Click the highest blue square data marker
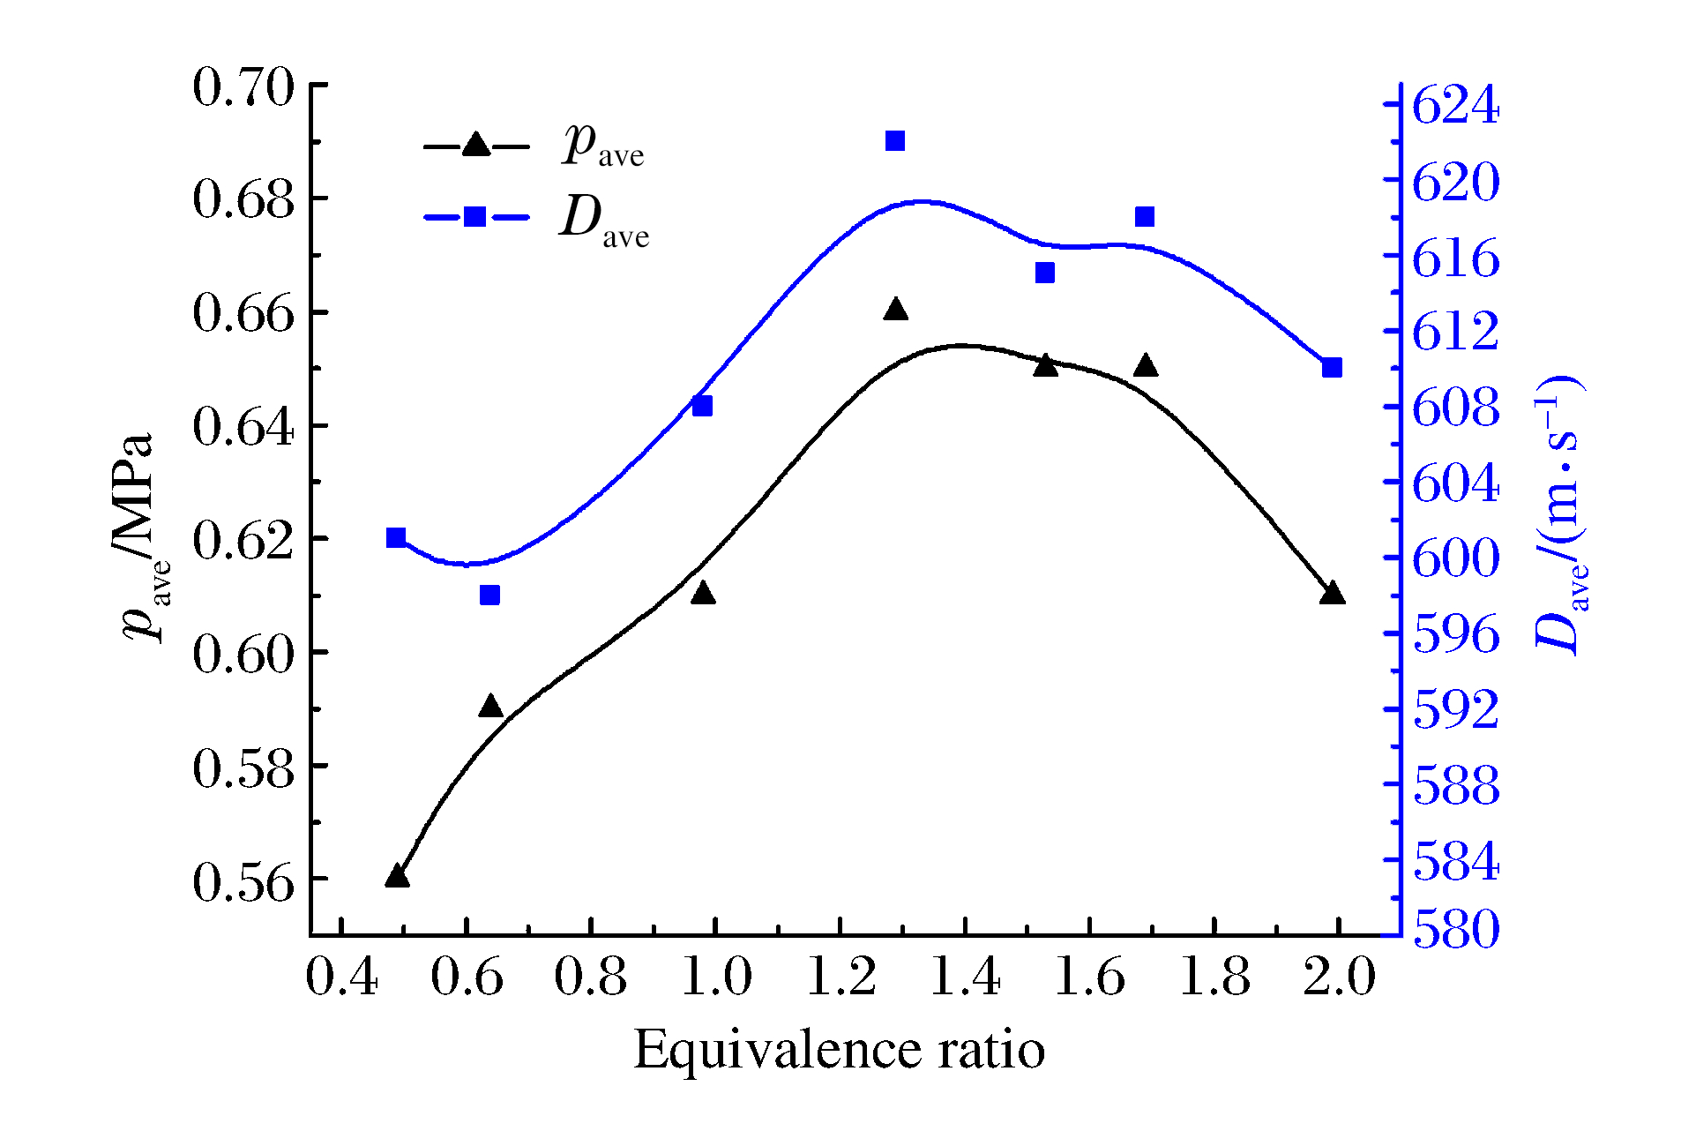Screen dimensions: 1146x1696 tap(895, 141)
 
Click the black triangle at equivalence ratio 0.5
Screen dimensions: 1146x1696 tap(397, 876)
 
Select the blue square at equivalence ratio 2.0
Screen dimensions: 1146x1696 tap(1332, 368)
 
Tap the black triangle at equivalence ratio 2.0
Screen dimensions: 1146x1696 tap(1333, 593)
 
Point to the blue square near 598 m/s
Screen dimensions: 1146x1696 tap(490, 595)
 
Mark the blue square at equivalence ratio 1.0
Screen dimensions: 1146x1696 tap(702, 406)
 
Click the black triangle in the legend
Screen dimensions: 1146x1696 tap(476, 145)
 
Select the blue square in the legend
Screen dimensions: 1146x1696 tap(475, 217)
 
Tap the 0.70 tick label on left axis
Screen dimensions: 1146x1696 tap(243, 87)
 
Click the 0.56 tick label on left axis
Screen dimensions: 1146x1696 tap(243, 882)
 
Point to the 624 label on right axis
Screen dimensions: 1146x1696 tap(1455, 105)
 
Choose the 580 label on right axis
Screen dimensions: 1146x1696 tap(1455, 930)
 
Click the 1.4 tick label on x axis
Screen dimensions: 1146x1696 tap(966, 978)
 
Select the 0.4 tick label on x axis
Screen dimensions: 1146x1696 tap(342, 978)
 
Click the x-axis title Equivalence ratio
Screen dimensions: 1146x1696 tap(839, 1051)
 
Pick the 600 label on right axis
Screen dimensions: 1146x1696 tap(1455, 558)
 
